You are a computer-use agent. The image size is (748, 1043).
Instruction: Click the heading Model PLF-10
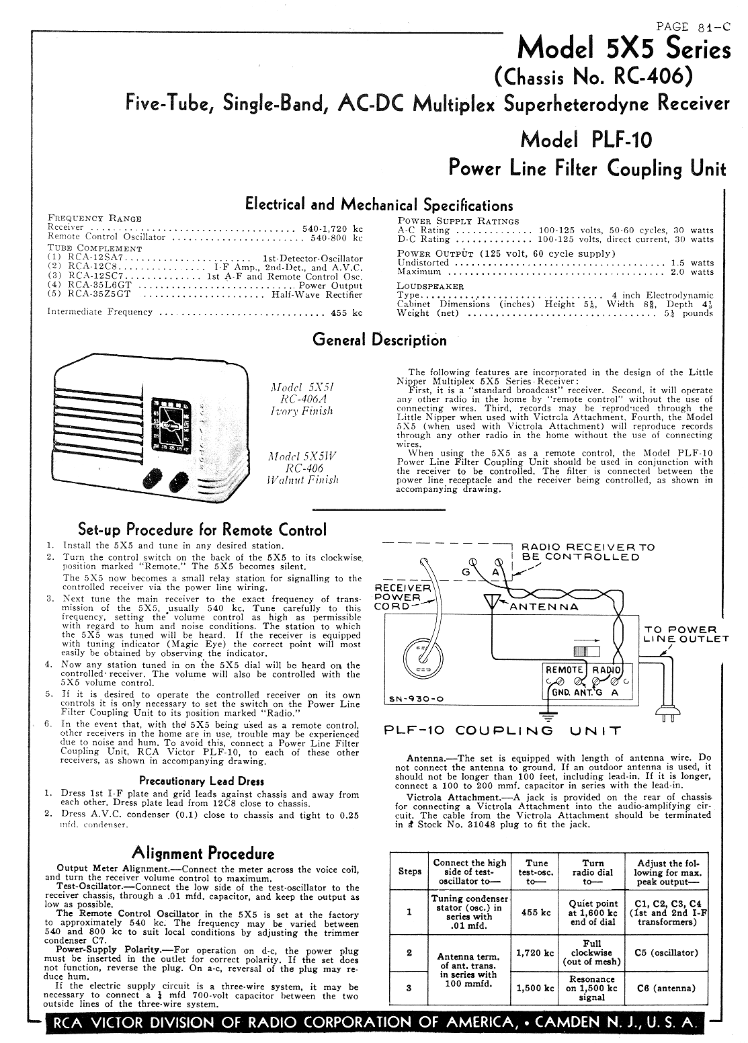coord(586,140)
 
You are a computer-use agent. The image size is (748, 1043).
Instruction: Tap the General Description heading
coord(379,339)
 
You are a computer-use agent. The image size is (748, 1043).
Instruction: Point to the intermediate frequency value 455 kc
coord(347,312)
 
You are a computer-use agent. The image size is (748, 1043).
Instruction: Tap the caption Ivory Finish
coord(302,411)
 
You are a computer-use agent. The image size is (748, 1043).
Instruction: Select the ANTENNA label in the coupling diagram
coord(544,606)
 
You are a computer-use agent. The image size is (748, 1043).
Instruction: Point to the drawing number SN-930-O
coord(417,699)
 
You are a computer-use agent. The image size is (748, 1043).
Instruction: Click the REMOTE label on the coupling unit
coord(565,670)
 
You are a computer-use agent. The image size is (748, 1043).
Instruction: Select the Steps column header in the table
coord(410,871)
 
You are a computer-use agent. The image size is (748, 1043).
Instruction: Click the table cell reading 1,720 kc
coord(535,953)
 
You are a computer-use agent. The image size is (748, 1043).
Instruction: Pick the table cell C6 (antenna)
coord(665,989)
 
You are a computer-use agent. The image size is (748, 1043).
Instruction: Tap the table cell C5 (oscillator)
coord(665,953)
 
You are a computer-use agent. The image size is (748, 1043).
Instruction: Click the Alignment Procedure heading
coord(203,853)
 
